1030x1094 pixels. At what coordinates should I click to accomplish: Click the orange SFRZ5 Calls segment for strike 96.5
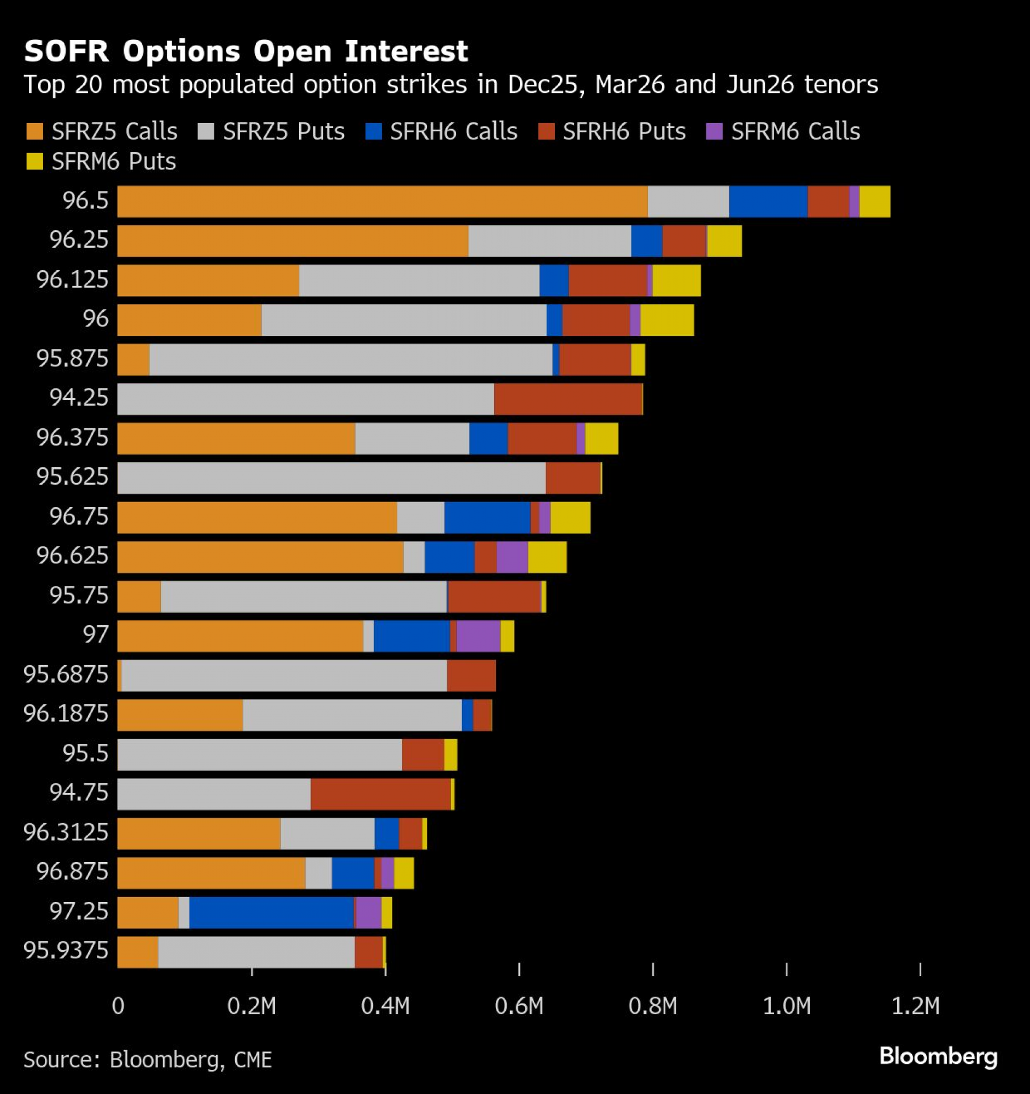[x=382, y=201]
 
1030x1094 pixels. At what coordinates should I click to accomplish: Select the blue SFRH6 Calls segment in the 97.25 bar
[x=272, y=912]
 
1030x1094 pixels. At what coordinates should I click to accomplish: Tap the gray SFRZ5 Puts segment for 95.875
[x=351, y=359]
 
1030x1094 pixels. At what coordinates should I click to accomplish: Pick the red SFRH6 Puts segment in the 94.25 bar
[x=568, y=399]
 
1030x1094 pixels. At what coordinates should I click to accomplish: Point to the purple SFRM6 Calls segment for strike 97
[x=478, y=636]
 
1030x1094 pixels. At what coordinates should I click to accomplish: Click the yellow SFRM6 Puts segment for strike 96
[x=667, y=320]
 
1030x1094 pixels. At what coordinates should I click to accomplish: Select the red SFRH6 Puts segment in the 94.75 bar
[x=381, y=794]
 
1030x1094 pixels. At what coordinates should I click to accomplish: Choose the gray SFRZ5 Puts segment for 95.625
[x=332, y=478]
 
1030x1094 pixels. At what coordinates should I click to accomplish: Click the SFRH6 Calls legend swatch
[x=373, y=131]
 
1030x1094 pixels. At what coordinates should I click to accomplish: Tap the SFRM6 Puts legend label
[x=113, y=162]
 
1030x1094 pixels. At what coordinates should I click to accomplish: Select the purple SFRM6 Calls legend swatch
[x=714, y=131]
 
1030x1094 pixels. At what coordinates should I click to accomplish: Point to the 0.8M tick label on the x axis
[x=653, y=1006]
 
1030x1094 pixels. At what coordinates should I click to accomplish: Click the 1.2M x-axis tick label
[x=915, y=1006]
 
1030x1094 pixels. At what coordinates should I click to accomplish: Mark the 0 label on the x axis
[x=118, y=1006]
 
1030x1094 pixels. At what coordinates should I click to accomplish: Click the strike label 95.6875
[x=66, y=674]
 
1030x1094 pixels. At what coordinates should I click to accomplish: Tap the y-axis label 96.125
[x=73, y=280]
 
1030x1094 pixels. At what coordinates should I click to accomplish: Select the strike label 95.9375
[x=66, y=950]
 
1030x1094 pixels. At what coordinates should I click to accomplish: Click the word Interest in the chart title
[x=406, y=51]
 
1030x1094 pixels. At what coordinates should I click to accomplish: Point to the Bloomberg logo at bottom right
[x=938, y=1056]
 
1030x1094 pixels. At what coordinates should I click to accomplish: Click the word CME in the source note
[x=253, y=1060]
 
